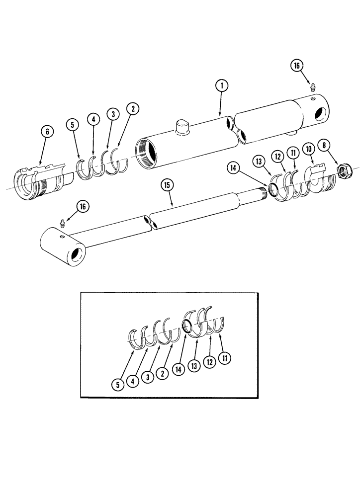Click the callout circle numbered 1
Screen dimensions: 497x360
coord(222,86)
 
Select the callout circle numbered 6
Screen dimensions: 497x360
coord(47,132)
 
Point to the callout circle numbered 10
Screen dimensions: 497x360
coord(309,149)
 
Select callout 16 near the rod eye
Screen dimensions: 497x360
coord(83,206)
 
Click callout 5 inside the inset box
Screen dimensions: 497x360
coord(117,384)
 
